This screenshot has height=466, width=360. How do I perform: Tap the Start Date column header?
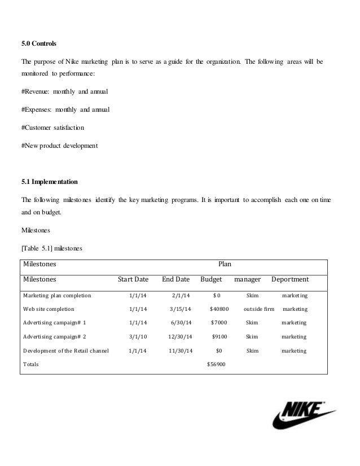133,279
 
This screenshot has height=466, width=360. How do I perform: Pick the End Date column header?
175,279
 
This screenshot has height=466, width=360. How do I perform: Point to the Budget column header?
211,279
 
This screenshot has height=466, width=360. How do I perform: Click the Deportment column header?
290,279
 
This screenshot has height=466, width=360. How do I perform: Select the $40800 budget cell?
219,309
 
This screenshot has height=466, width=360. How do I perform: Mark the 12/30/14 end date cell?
180,337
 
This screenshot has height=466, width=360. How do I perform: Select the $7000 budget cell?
219,323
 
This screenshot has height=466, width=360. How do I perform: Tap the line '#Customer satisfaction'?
53,128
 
